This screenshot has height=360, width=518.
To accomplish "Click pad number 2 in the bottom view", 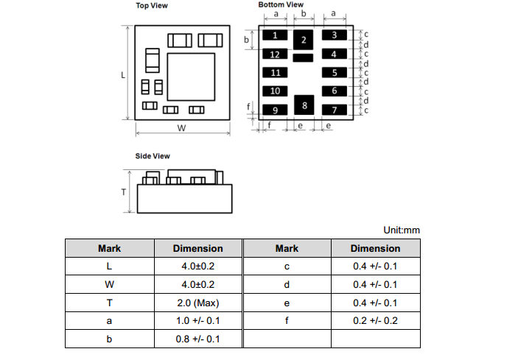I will point(303,40).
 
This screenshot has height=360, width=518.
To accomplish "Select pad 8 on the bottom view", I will point(304,105).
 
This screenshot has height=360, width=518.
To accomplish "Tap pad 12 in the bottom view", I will point(275,54).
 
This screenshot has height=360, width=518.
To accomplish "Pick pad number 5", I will point(334,73).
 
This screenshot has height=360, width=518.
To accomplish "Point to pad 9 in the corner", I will point(275,110).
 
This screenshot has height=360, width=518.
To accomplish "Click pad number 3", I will point(334,35).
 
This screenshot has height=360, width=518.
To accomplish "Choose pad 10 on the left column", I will point(275,91).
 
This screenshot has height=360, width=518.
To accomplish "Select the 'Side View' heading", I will point(153,156).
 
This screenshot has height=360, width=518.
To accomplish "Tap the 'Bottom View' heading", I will point(281,5).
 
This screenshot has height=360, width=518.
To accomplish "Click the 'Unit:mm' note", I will point(401,230).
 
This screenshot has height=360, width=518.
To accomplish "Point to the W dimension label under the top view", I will point(181,127).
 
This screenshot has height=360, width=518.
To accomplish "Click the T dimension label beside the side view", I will point(124,191).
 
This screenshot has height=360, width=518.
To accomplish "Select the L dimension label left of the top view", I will point(123,74).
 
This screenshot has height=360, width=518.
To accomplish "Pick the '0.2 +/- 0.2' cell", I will point(375,321).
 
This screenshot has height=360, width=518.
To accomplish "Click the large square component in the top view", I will point(191,77).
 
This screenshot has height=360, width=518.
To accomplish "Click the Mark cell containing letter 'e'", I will point(287,303).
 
